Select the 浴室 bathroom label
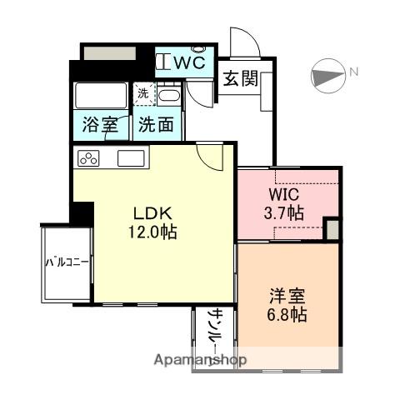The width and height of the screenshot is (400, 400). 99,126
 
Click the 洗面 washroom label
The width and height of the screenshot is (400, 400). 156,126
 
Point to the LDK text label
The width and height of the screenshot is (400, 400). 150,212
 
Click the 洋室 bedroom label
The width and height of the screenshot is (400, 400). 287,295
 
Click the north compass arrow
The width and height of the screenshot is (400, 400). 327,77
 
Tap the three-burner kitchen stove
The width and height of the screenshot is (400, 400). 89,157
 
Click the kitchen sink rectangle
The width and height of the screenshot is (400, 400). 132,157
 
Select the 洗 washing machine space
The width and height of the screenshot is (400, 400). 142,94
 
